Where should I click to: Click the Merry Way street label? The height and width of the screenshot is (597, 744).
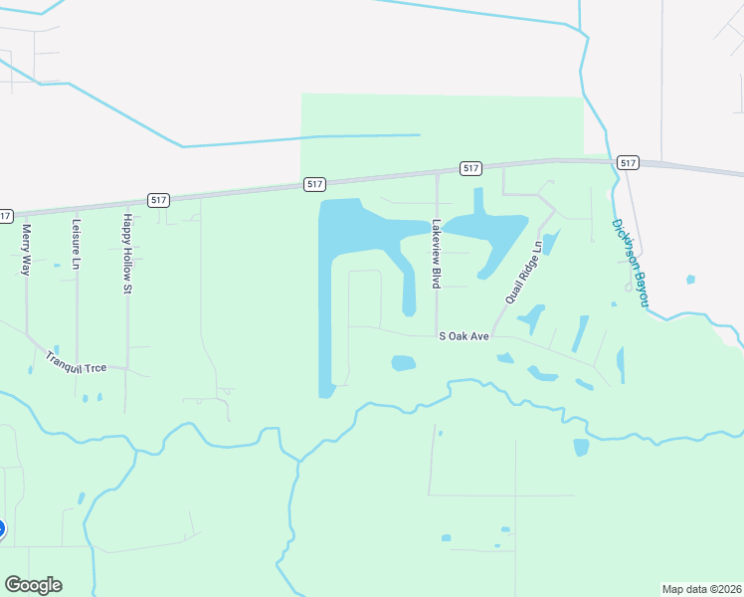tap(27, 249)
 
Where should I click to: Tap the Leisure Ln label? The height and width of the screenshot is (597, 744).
tap(76, 245)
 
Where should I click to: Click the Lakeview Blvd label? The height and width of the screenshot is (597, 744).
tap(436, 254)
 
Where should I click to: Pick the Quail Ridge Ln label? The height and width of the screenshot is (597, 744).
tap(523, 272)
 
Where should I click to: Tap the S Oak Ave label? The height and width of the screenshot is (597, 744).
tap(465, 336)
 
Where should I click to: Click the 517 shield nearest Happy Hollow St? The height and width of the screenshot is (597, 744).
tap(158, 200)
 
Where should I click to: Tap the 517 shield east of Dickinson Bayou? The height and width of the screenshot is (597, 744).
tap(627, 162)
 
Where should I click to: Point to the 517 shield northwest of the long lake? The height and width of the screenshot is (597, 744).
tap(314, 184)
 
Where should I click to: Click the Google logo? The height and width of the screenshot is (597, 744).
tap(33, 585)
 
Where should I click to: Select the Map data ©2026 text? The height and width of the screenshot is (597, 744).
tap(702, 589)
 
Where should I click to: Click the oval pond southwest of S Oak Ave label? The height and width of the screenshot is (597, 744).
tap(403, 363)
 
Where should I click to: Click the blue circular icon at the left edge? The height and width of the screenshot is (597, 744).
tap(1, 529)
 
